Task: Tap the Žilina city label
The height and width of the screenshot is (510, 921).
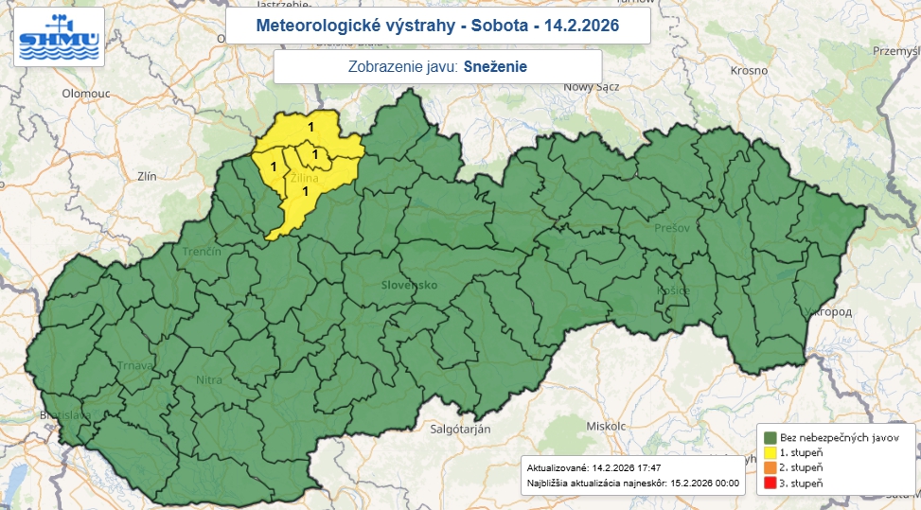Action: click(x=305, y=177)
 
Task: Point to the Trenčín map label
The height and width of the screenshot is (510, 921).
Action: click(x=203, y=252)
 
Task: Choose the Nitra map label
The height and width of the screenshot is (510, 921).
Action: click(x=209, y=380)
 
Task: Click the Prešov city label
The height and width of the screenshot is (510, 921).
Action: click(x=669, y=229)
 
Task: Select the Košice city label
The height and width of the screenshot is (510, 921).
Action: click(x=673, y=290)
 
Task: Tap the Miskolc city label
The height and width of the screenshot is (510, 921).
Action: click(x=606, y=426)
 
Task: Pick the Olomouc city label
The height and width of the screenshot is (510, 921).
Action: click(x=87, y=94)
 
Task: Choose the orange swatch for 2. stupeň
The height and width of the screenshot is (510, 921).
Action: click(x=770, y=468)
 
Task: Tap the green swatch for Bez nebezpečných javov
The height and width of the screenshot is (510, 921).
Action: click(x=770, y=437)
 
